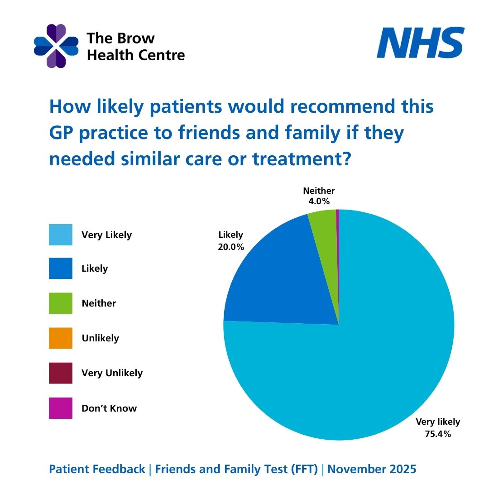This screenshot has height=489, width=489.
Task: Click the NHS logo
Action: click(x=420, y=43)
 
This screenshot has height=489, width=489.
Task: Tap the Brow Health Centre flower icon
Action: click(x=56, y=46)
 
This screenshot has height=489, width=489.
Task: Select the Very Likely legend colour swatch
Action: click(x=61, y=235)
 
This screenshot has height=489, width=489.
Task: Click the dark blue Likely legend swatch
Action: click(x=61, y=268)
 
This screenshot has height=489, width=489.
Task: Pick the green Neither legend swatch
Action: click(x=61, y=303)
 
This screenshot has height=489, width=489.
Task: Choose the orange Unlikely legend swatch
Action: click(x=61, y=338)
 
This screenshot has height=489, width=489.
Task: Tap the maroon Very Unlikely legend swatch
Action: click(x=61, y=373)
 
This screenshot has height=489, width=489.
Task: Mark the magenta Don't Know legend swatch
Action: click(x=61, y=408)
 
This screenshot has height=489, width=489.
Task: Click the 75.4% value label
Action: click(x=438, y=434)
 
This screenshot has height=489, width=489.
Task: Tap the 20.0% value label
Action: click(x=231, y=247)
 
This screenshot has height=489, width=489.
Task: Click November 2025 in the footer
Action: click(x=372, y=470)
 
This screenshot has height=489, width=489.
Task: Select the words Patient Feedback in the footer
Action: click(x=97, y=470)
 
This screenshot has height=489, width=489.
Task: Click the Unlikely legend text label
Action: click(x=100, y=338)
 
